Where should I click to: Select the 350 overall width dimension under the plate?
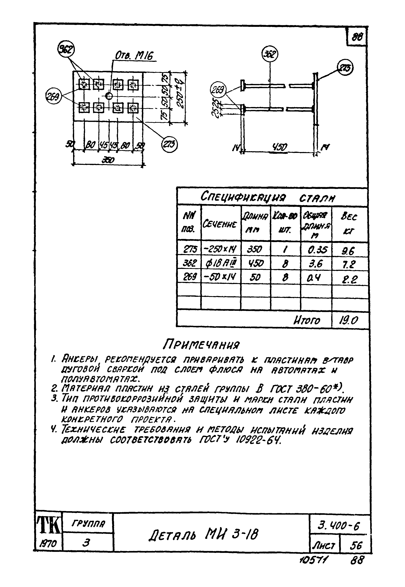(x=108, y=160)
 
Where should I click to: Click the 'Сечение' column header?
(x=220, y=224)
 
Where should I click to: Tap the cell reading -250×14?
(x=220, y=250)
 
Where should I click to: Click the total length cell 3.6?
(x=315, y=264)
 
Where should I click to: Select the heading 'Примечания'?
(x=201, y=344)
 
